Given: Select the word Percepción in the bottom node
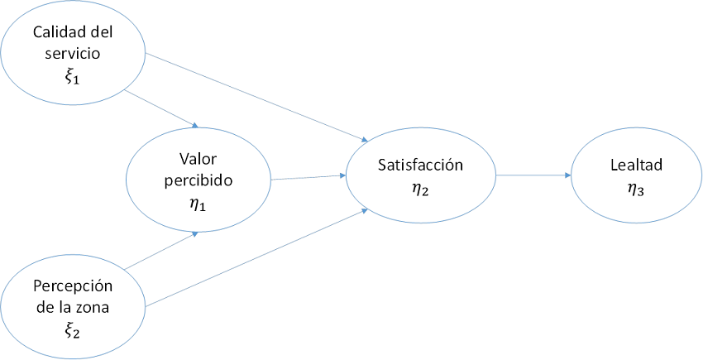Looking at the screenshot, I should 73,286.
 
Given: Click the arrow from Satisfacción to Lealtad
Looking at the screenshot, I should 533,175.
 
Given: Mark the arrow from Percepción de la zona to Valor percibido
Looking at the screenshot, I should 159,251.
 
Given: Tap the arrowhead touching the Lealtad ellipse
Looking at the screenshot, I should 567,175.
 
